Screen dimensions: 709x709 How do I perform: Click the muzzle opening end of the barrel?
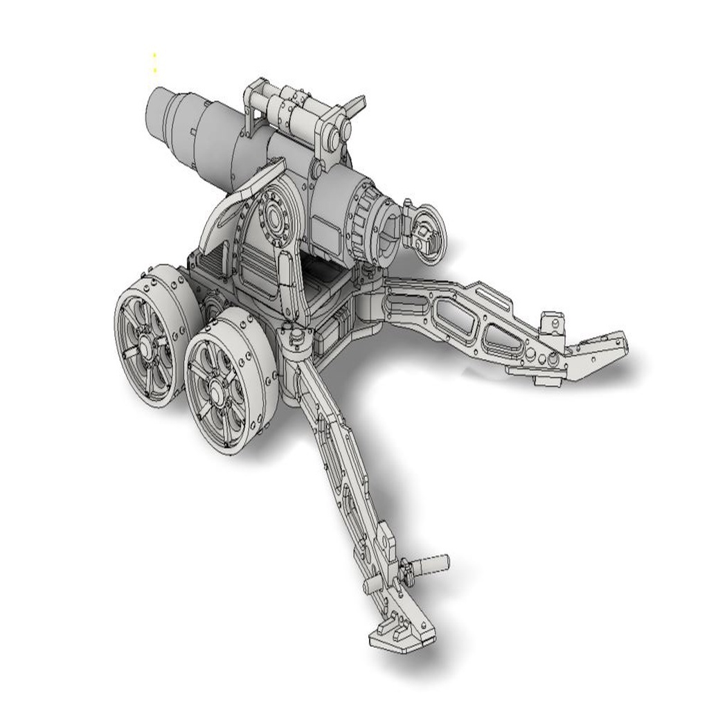pyautogui.click(x=158, y=114)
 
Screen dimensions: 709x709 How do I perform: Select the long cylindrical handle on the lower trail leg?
pyautogui.click(x=429, y=564)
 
